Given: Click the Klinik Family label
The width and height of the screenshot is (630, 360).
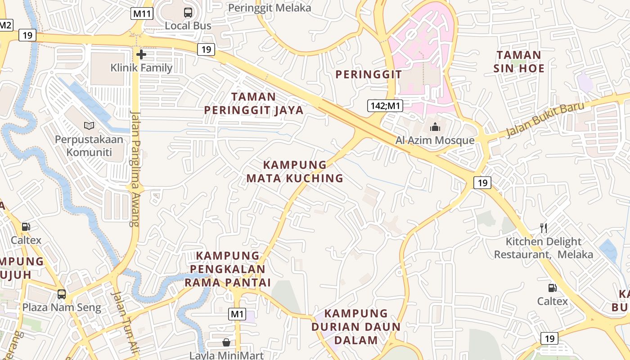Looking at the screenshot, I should pos(141,68).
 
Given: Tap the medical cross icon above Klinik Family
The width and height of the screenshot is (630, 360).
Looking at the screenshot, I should pos(141,55).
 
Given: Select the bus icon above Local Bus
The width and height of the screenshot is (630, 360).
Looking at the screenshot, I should pos(188,13).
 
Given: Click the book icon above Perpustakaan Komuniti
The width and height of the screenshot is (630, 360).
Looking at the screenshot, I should pos(89,126).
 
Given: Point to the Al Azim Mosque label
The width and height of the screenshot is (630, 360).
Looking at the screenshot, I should pos(435,140).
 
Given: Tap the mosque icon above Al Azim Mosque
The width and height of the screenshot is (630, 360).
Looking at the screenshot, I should pos(435,127).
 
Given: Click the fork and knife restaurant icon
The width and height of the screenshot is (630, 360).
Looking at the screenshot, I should pos(544,228).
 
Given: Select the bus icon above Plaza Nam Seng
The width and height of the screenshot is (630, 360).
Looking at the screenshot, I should pos(62,294).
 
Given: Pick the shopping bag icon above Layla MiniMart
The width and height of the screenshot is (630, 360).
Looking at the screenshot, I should pos(226,342).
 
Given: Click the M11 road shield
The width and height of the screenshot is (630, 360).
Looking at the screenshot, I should pos(142,13).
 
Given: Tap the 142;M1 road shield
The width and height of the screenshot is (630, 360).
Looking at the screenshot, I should pos(385,106).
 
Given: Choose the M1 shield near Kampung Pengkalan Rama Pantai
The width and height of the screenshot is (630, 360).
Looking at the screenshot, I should pos(237,314).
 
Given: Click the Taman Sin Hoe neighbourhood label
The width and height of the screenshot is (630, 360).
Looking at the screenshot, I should pos(519,62).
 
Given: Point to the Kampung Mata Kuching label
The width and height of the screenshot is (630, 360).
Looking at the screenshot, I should pos(295,171).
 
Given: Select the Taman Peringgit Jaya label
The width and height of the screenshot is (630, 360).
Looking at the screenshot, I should pos(254,103).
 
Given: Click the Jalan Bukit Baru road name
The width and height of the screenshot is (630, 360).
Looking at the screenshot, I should pos(545,119).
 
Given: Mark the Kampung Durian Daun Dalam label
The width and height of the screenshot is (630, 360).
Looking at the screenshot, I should pos(356,327).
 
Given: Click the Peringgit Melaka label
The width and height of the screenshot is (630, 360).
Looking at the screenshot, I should pos(270,8).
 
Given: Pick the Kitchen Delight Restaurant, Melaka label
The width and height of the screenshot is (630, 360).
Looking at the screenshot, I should pos(544,248).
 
